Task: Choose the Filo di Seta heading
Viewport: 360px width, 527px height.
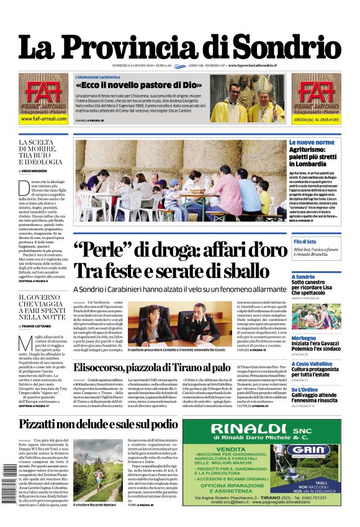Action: pyautogui.click(x=305, y=241)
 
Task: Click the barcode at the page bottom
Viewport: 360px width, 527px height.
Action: pyautogui.click(x=8, y=484)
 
